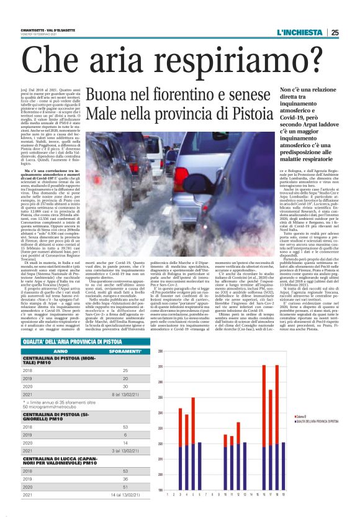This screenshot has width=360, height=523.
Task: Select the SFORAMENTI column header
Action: [x=128, y=351]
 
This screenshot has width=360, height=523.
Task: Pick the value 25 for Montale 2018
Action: [x=125, y=370]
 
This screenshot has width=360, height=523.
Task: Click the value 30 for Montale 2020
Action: [x=125, y=384]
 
